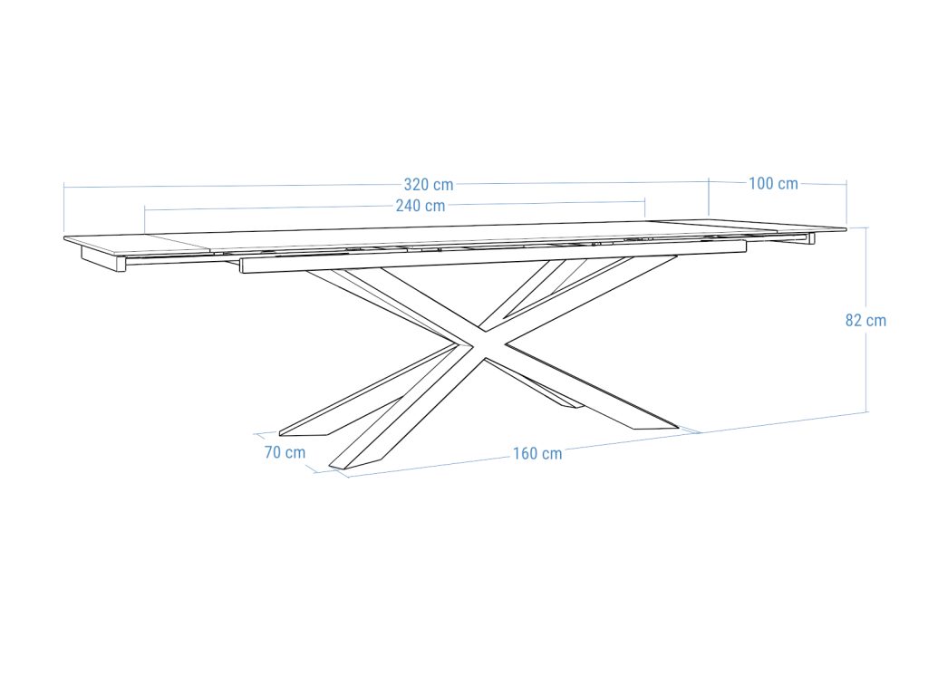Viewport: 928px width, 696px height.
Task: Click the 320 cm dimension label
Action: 429,185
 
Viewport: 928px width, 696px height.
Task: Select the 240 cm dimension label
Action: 420,206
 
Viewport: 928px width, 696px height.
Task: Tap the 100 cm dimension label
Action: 773,184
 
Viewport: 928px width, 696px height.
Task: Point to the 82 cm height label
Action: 865,320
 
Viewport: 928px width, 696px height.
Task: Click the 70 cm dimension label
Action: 285,452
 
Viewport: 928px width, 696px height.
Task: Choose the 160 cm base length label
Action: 537,453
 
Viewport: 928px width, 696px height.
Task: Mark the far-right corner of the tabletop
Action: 845,229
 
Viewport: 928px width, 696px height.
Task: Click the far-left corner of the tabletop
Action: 65,239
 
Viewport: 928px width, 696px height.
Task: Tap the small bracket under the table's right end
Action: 808,238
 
